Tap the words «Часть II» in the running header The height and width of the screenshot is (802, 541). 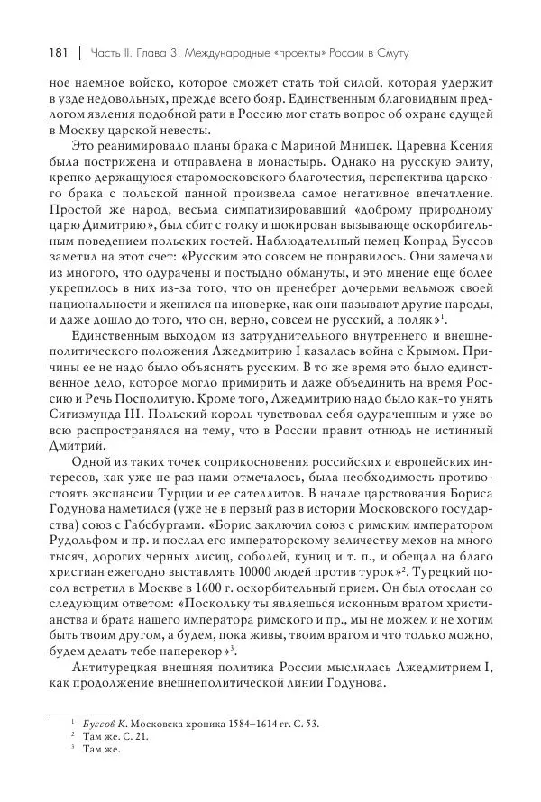[x=113, y=56]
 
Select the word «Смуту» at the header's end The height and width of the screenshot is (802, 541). [x=390, y=56]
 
